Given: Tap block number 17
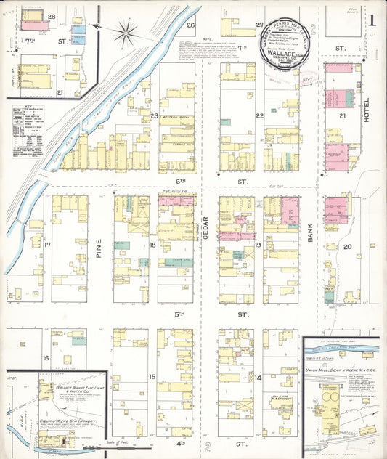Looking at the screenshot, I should tap(46, 245).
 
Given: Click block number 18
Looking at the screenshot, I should tap(152, 245).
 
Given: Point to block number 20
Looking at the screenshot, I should tap(348, 247).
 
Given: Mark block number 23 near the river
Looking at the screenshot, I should tap(154, 115).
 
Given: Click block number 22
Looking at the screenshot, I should tap(258, 115).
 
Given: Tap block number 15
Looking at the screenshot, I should tap(152, 376).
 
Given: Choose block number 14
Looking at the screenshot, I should tap(258, 378).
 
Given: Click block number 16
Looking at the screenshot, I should tap(45, 358).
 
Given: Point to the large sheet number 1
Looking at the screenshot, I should tap(372, 21).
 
